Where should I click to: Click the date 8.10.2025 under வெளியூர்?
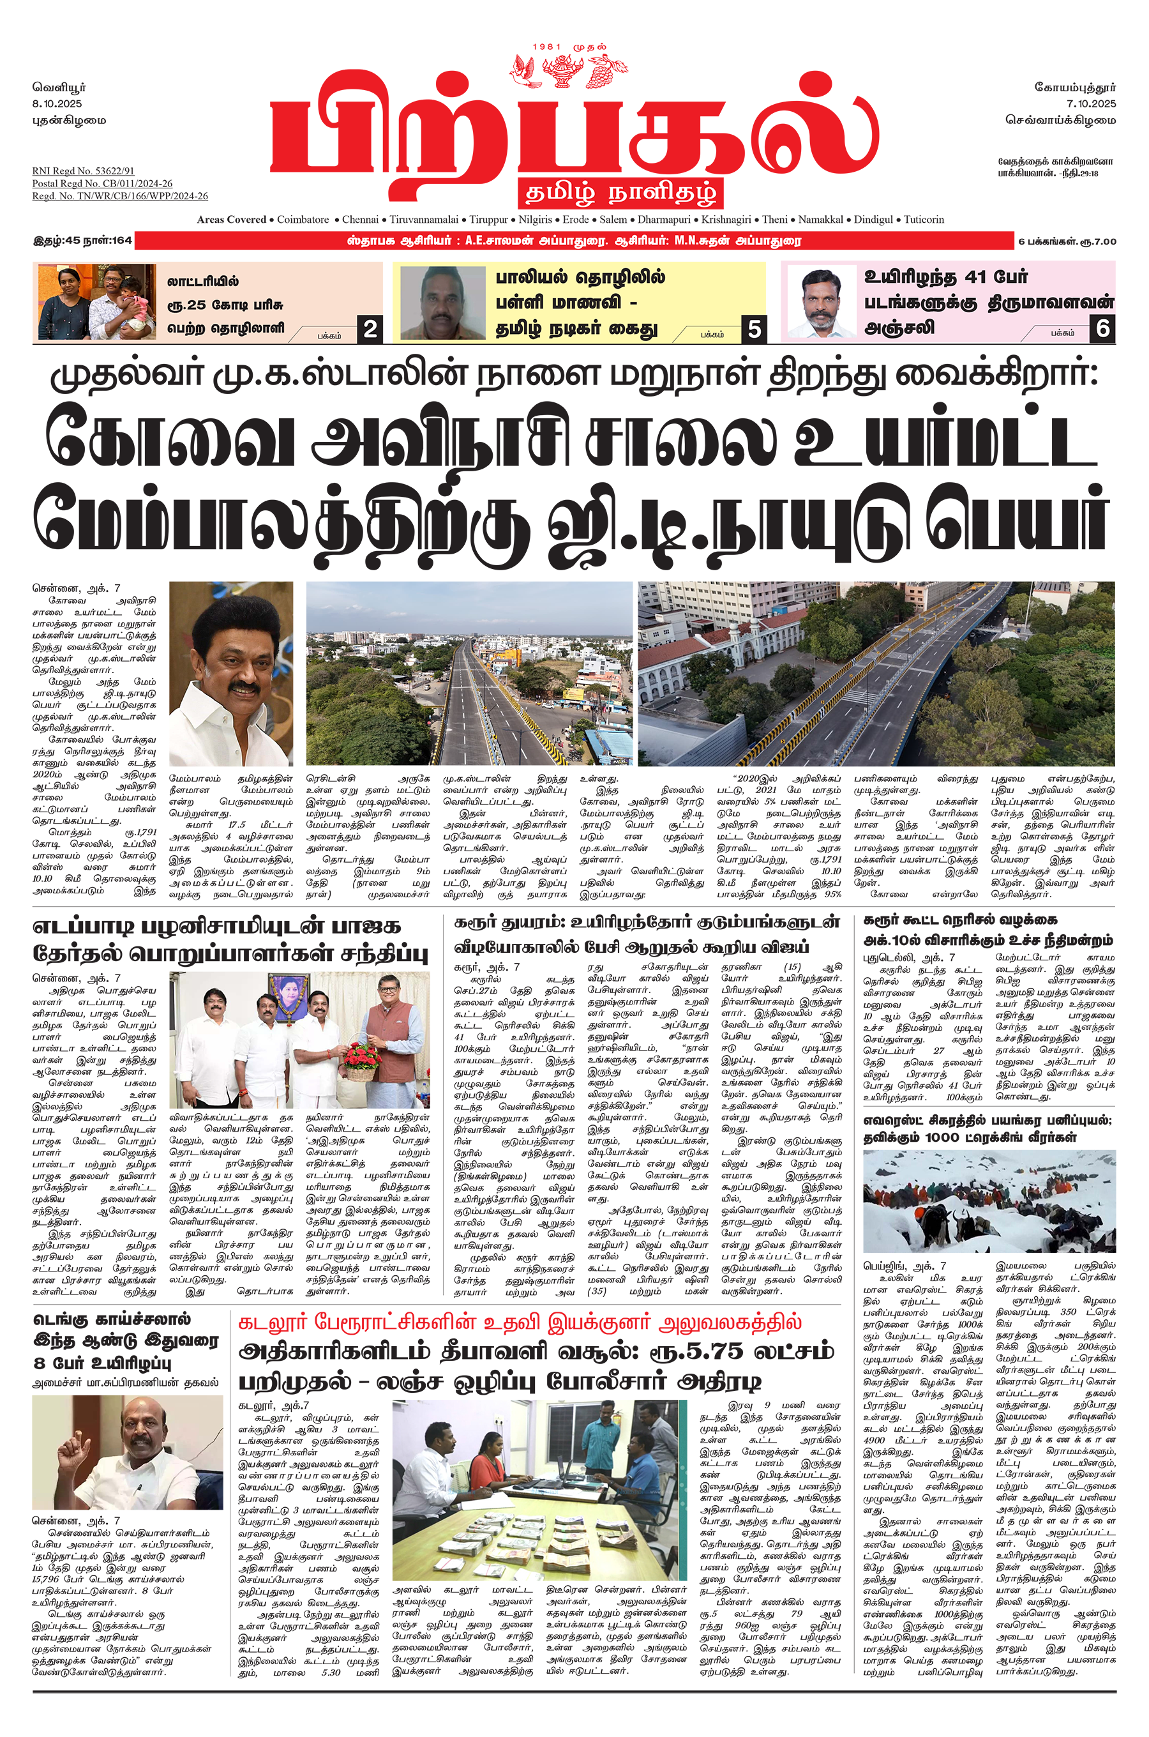click(57, 104)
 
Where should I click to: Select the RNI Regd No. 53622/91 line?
click(83, 171)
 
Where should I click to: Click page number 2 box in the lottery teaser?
click(371, 329)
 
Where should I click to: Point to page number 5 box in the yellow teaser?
click(754, 329)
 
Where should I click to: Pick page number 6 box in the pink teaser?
click(1103, 328)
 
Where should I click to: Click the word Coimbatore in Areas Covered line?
click(303, 219)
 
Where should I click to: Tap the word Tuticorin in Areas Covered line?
click(923, 219)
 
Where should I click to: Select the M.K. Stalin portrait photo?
click(231, 674)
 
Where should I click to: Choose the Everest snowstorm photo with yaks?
click(989, 1201)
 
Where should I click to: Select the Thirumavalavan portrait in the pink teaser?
click(821, 303)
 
